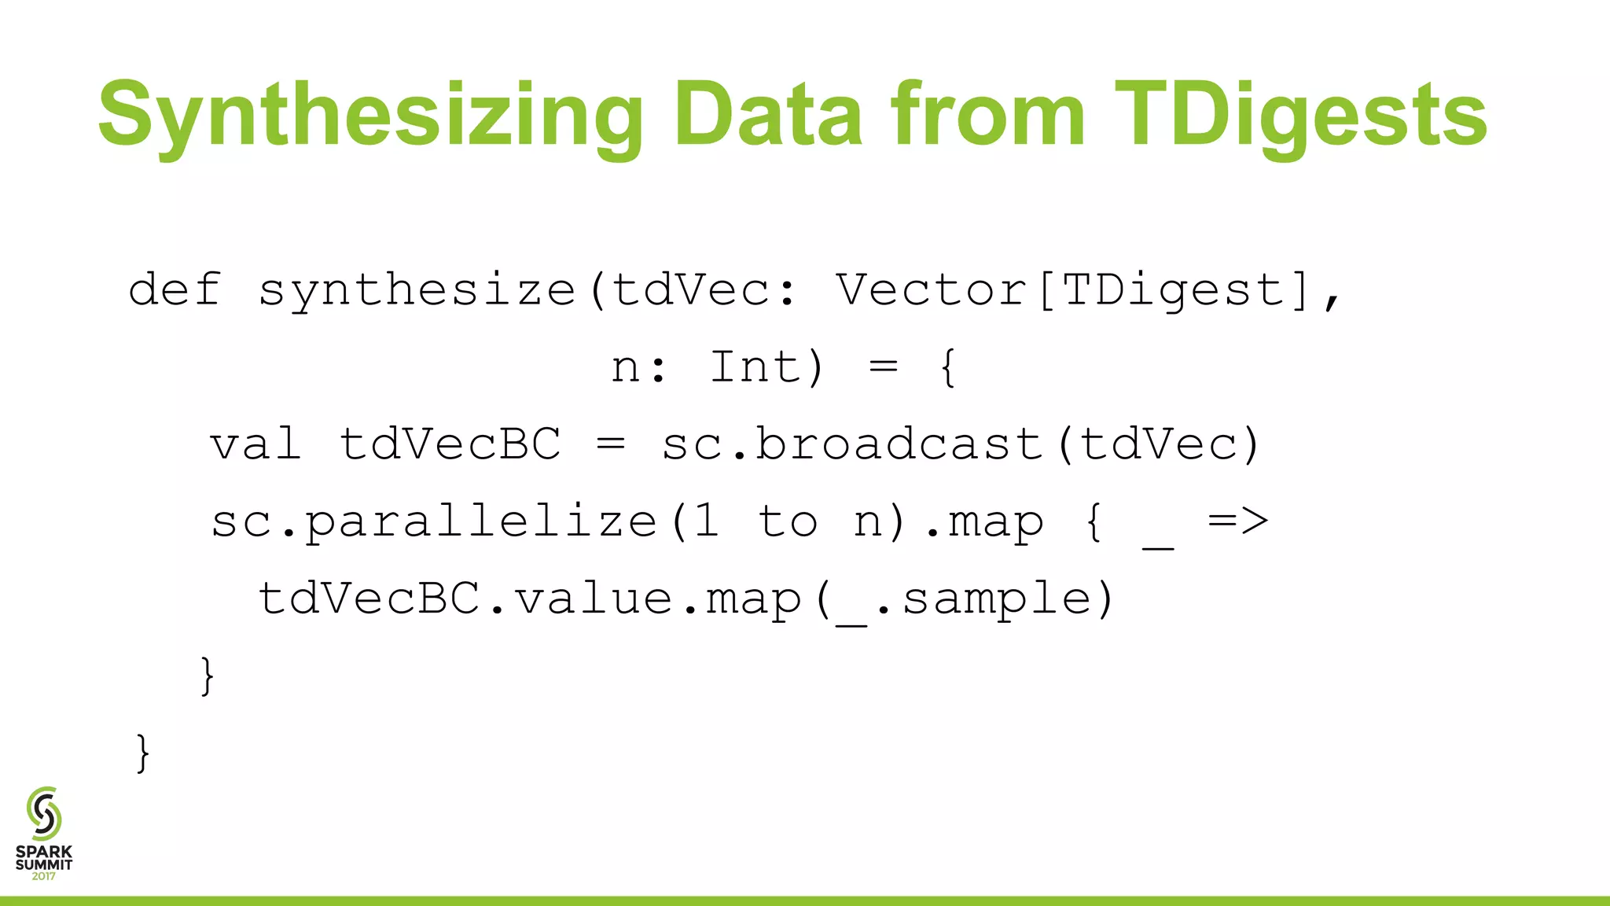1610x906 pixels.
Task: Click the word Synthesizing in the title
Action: [370, 116]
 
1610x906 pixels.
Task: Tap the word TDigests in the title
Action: [1300, 116]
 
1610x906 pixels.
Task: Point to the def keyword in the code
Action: [175, 289]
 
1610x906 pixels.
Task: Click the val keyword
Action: [255, 444]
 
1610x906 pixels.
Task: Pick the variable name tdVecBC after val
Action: [450, 444]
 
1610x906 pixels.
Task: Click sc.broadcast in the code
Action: [852, 444]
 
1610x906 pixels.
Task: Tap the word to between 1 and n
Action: [788, 521]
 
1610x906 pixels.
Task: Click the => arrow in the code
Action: [1238, 521]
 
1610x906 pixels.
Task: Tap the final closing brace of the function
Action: [142, 753]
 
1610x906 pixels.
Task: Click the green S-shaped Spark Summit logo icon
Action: [44, 813]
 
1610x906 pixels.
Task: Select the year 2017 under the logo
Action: [44, 876]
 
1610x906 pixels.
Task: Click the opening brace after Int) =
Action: [949, 367]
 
